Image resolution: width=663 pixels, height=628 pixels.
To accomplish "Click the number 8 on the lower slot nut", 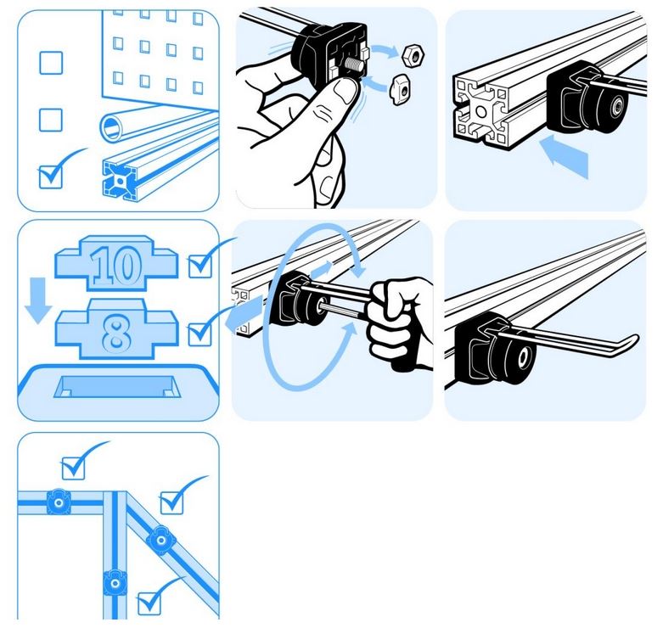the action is coord(116,334).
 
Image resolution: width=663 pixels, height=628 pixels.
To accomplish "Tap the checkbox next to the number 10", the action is coord(199,266).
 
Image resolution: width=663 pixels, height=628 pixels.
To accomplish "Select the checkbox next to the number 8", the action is coord(199,334).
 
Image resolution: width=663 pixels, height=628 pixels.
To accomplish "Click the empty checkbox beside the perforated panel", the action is coord(51,63).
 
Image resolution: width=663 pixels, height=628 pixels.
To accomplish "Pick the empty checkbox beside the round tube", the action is coord(51,120).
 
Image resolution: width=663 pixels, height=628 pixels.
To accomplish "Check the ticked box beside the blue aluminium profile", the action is coord(51,177).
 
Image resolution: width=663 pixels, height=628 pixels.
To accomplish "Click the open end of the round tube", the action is coord(111,126).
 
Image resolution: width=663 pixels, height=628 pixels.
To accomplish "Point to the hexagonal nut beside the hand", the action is coord(413,55).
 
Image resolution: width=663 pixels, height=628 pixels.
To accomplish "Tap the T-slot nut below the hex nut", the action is coord(400,89).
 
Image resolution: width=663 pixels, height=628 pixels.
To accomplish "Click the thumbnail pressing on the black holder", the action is coord(344,90).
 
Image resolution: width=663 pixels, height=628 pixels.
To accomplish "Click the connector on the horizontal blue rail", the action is coord(59,502).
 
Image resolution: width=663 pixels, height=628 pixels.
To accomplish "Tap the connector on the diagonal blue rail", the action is coord(160,539).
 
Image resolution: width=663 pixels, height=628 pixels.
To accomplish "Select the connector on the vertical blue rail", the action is coord(115,583).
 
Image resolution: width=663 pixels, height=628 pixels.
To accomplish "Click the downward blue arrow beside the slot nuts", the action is coord(38,300).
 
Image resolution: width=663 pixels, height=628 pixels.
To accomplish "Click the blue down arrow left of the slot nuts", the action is coord(38,300).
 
